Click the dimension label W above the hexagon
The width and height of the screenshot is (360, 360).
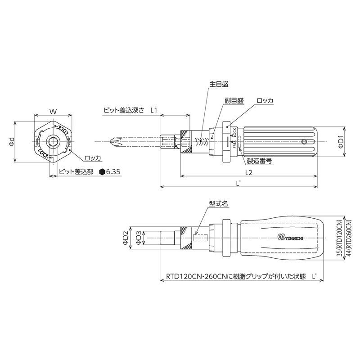53,112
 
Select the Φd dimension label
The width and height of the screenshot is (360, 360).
12,142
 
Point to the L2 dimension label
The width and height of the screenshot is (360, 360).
249,172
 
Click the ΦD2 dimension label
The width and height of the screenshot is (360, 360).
125,238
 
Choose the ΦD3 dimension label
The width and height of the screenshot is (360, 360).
139,238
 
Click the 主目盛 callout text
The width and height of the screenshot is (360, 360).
219,84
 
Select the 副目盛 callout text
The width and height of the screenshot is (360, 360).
234,100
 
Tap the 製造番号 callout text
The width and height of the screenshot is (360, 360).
259,161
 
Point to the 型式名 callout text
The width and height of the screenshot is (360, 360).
218,203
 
